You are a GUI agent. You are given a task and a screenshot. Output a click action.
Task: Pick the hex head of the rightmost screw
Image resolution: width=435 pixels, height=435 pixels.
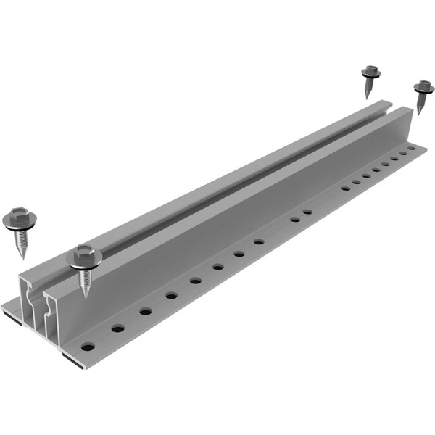click(x=424, y=87)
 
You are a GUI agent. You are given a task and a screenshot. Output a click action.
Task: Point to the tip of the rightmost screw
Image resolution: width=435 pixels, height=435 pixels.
click(x=419, y=114)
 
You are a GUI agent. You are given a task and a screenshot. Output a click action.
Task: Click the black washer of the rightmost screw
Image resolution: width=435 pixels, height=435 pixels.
click(x=423, y=92)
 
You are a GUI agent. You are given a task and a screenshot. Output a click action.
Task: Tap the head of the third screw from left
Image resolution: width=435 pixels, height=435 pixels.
click(x=372, y=71)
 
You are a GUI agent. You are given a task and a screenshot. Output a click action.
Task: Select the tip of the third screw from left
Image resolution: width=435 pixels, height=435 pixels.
click(x=367, y=99)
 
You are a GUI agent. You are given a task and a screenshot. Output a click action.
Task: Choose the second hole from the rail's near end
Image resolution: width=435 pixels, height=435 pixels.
click(x=117, y=328)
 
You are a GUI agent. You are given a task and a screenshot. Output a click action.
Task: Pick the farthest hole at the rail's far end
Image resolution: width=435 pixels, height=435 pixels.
click(x=412, y=148)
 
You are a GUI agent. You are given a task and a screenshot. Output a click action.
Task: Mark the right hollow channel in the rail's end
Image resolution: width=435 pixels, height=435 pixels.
click(x=51, y=318)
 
